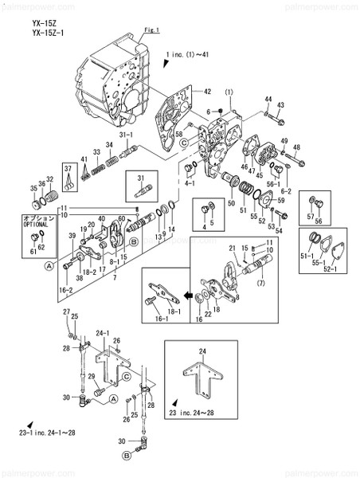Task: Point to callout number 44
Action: (x=268, y=100)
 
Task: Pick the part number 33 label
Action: (x=96, y=151)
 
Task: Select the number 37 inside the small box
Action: (x=69, y=167)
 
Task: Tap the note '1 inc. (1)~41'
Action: (x=188, y=57)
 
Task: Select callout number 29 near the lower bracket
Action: (x=91, y=376)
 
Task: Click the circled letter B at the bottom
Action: (x=126, y=456)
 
